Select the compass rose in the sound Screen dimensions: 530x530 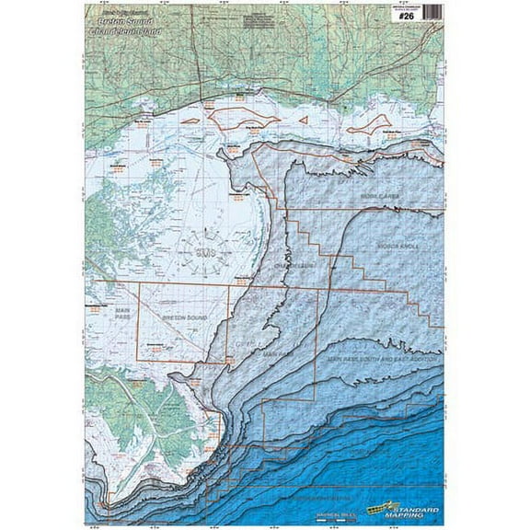point(205,249)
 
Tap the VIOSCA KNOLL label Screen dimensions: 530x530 point(398,247)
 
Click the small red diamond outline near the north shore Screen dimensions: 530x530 point(190,121)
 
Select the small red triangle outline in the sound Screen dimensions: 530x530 point(305,118)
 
